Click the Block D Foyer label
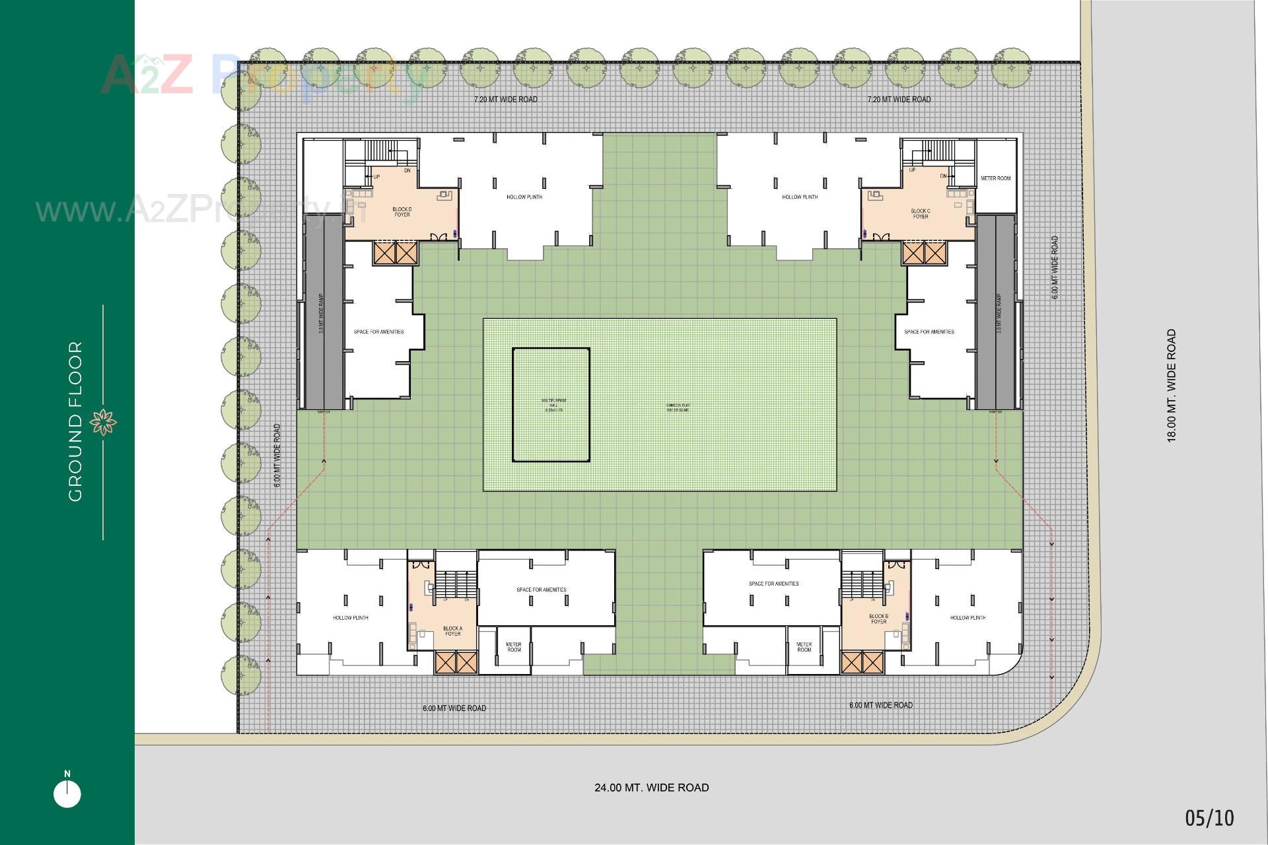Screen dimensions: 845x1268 (x=402, y=212)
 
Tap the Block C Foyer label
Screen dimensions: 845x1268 (x=920, y=214)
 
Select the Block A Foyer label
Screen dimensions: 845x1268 (x=452, y=631)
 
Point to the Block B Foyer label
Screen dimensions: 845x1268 (x=878, y=619)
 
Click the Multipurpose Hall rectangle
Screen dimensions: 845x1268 (x=551, y=404)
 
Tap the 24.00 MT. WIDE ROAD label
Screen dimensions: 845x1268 (x=651, y=788)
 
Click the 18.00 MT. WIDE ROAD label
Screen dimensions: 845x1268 (x=1172, y=386)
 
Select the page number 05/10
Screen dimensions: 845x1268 (x=1209, y=819)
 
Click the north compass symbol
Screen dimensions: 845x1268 (x=67, y=792)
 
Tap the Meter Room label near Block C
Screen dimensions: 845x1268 (x=995, y=178)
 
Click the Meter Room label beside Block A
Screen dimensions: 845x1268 (x=514, y=647)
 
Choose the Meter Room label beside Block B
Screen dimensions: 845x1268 (x=804, y=647)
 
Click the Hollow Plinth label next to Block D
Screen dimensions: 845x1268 (x=524, y=197)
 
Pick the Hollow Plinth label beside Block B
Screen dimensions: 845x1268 (x=968, y=618)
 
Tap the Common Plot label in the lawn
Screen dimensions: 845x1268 (x=678, y=407)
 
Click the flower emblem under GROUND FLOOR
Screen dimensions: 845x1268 (x=103, y=422)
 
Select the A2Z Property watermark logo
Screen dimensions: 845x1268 (x=264, y=76)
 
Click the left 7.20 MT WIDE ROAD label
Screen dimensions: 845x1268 (x=505, y=100)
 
